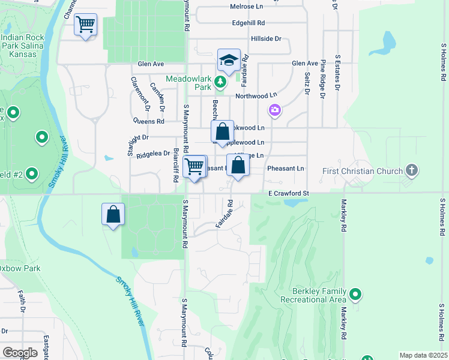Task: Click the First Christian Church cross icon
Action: tap(411, 170)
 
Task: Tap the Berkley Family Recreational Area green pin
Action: tap(355, 294)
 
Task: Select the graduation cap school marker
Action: tap(229, 60)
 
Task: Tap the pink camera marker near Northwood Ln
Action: tap(275, 110)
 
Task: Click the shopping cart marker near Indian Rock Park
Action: tap(86, 25)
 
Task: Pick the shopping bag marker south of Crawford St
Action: tap(113, 214)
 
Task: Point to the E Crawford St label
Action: tap(288, 193)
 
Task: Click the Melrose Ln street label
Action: tap(247, 7)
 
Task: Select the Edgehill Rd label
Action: tap(249, 23)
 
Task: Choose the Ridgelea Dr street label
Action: tap(153, 154)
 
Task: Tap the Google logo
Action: tap(19, 352)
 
